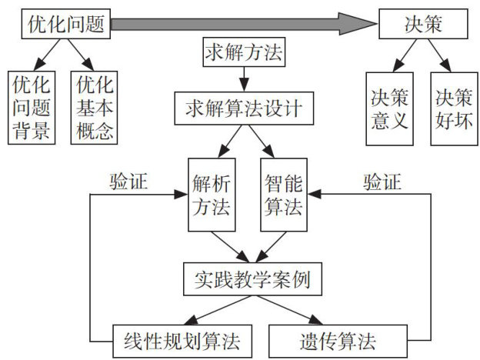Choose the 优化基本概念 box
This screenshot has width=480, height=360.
[92, 108]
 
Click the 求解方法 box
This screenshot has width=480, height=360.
[243, 54]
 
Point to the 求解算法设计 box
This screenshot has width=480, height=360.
[244, 108]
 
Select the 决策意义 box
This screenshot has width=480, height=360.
[389, 110]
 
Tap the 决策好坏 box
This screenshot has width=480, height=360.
[454, 110]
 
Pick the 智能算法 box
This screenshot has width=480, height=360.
[282, 195]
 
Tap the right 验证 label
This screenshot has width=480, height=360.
[382, 182]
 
